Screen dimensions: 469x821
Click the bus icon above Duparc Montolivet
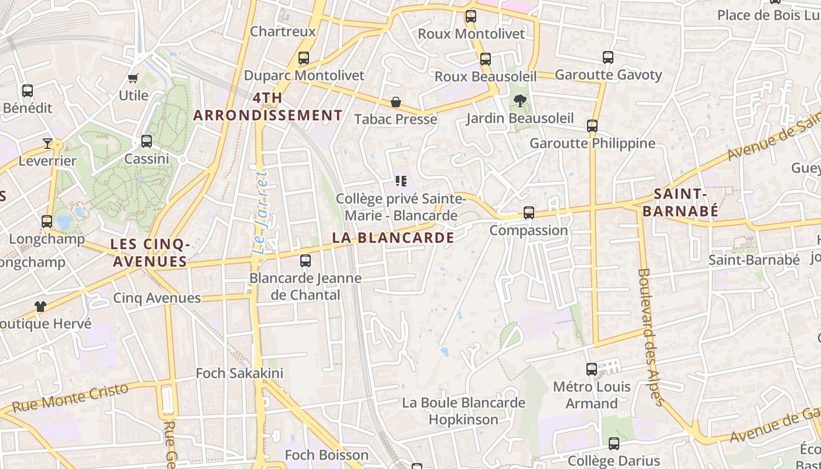[x=303, y=58]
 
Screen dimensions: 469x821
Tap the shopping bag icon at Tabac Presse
[x=396, y=103]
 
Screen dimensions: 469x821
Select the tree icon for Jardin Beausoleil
[x=519, y=101]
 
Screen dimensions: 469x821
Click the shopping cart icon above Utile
[x=133, y=78]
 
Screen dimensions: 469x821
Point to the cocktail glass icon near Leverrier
[x=48, y=144]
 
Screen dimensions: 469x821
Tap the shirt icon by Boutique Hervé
[x=40, y=306]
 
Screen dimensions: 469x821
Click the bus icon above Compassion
[x=529, y=213]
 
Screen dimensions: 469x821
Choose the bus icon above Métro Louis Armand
[x=592, y=369]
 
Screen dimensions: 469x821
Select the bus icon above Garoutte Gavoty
[x=608, y=57]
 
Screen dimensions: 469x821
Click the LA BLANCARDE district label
[x=393, y=237]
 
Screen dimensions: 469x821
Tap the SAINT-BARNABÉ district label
[x=680, y=202]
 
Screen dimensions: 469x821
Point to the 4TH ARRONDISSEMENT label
[x=268, y=107]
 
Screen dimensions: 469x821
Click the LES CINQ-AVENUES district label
[x=150, y=253]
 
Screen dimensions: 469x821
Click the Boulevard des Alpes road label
[x=650, y=337]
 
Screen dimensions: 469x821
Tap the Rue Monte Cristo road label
[x=70, y=398]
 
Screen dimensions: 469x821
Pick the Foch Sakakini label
[x=239, y=373]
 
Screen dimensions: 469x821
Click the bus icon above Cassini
[x=147, y=141]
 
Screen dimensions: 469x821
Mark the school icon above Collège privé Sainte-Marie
[x=401, y=181]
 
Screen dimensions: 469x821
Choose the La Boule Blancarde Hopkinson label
[x=463, y=411]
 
